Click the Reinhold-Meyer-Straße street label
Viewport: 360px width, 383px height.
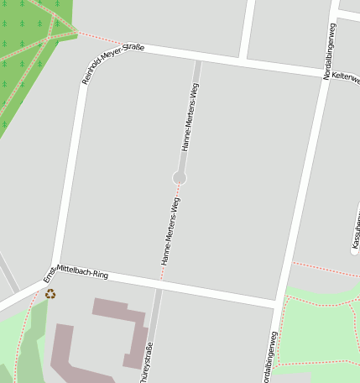click(x=113, y=64)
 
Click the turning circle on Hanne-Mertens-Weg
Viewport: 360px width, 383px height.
click(x=180, y=177)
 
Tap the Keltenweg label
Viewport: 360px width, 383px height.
click(x=346, y=76)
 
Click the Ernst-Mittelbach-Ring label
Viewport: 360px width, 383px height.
click(x=76, y=271)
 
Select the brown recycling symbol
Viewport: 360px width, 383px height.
click(x=50, y=294)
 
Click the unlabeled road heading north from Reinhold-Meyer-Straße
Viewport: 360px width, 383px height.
click(x=247, y=29)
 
